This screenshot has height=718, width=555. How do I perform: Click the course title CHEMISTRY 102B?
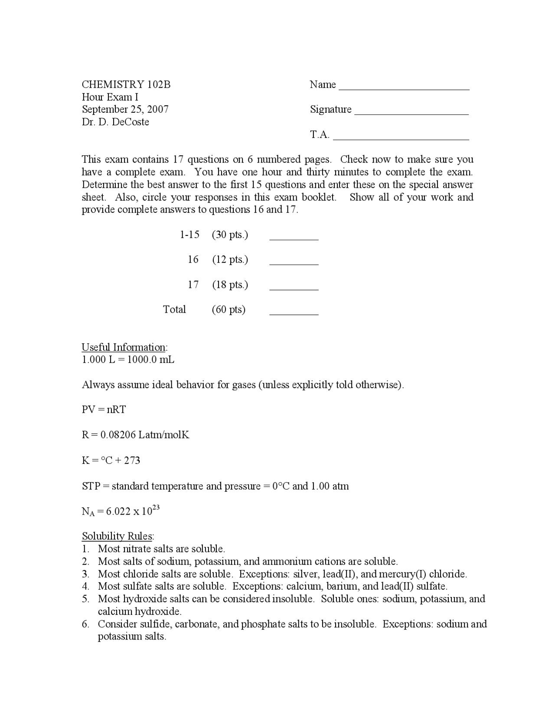tap(126, 85)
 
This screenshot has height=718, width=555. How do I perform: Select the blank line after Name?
tap(404, 88)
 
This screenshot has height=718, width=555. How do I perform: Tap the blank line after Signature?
tap(411, 113)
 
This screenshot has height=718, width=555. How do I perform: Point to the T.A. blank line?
tap(401, 138)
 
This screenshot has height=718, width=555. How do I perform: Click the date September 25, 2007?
tap(125, 109)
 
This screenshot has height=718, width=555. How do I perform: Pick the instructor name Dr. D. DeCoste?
tap(115, 122)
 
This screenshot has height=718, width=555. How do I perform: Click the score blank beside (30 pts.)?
tap(294, 238)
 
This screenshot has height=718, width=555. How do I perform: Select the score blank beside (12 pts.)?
tap(294, 263)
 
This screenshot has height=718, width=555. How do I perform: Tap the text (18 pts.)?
tap(230, 285)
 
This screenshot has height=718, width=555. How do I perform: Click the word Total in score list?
tap(174, 310)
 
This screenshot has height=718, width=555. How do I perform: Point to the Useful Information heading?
tap(124, 347)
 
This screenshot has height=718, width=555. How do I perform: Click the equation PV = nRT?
tap(104, 410)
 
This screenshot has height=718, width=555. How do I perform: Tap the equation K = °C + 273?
tap(111, 460)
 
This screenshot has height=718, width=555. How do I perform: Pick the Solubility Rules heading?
tap(117, 536)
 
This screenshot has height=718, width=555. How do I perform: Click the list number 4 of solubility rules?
tap(85, 587)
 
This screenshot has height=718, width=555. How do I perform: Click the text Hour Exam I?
tap(110, 97)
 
